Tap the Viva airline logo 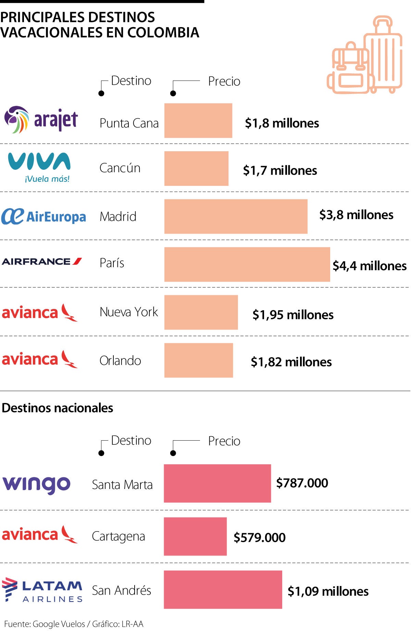pos(39,167)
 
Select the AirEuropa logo pos(43,216)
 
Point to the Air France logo pos(42,262)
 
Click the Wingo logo pos(37,484)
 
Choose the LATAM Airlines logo pos(42,590)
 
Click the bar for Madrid pos(236,216)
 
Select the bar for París pos(247,264)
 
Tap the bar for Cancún pos(196,168)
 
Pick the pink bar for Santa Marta pos(217,483)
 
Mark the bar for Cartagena pos(195,536)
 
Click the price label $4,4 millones pos(370,266)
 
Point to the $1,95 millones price pos(293,315)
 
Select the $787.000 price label pos(302,483)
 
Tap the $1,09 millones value pos(328,591)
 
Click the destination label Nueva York pos(129,312)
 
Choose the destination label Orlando pos(120,361)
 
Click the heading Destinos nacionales pos(58,408)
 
